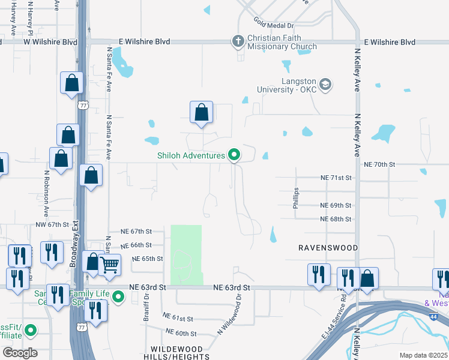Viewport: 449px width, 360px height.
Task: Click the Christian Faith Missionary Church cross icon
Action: click(238, 41)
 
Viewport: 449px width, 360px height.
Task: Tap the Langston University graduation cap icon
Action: click(326, 84)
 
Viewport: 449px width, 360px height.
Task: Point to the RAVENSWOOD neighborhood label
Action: click(328, 248)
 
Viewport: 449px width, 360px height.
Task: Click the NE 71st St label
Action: click(336, 178)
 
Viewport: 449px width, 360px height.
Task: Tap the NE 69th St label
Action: click(336, 205)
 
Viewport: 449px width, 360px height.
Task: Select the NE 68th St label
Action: click(336, 219)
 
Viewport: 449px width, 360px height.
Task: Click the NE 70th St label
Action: click(380, 164)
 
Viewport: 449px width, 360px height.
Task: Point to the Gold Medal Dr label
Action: click(273, 26)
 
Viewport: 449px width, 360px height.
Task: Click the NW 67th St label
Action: click(53, 224)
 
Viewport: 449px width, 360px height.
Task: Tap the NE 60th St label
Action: click(178, 333)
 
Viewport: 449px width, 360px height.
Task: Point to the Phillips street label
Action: click(295, 198)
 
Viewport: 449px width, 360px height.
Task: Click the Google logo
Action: click(20, 353)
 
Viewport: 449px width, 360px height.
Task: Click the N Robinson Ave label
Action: click(46, 193)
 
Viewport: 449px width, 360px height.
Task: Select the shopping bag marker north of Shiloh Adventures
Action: click(201, 112)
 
